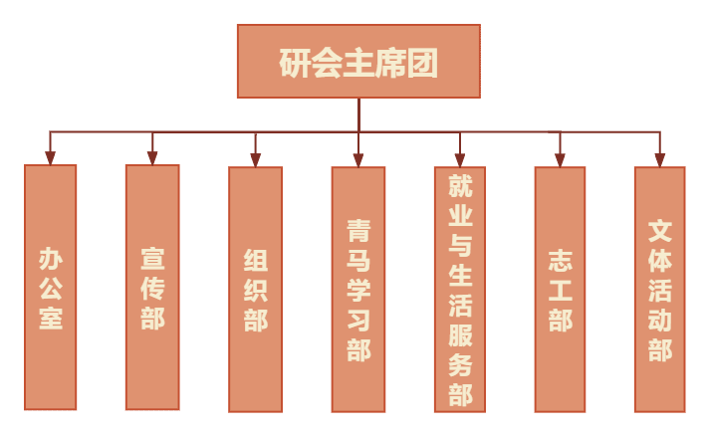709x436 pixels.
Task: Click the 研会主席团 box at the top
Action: (358, 62)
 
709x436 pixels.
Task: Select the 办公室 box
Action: (51, 287)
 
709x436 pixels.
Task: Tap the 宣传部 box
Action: (152, 287)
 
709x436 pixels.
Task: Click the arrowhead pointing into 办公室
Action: (51, 157)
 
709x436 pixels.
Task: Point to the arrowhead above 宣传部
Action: (152, 157)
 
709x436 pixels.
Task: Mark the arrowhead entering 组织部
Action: (256, 159)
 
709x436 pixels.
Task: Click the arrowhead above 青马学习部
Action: (358, 159)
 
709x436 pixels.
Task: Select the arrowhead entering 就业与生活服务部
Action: (460, 159)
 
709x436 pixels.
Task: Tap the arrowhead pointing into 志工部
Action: (560, 159)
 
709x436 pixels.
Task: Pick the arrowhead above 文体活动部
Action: (659, 159)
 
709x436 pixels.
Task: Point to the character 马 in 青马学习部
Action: (358, 261)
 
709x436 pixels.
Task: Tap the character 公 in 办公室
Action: (51, 289)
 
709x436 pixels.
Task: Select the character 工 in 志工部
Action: (560, 290)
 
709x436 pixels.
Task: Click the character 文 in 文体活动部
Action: (660, 232)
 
